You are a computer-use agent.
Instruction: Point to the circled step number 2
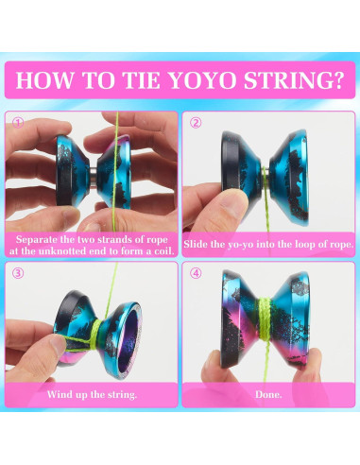tap(196, 123)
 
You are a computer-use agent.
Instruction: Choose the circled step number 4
tap(196, 274)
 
